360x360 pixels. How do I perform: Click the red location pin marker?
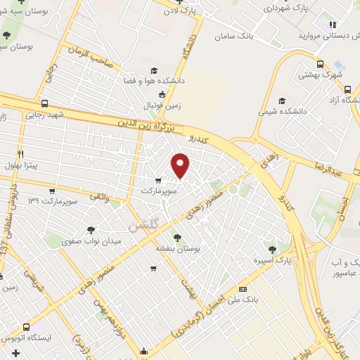point(181,165)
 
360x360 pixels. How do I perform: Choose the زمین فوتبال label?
point(162,105)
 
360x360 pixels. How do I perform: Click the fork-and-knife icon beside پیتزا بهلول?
point(21,153)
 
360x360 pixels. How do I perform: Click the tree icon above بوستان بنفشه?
point(176,238)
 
